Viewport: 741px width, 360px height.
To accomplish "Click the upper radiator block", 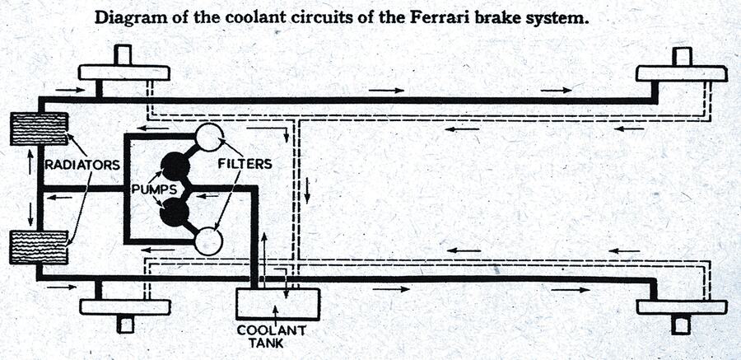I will point(38,129).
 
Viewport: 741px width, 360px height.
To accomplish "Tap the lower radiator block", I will point(38,247).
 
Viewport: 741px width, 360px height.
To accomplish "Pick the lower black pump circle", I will point(175,213).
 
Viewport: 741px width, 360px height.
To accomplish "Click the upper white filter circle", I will point(207,138).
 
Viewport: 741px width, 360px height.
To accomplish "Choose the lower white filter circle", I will point(207,241).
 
